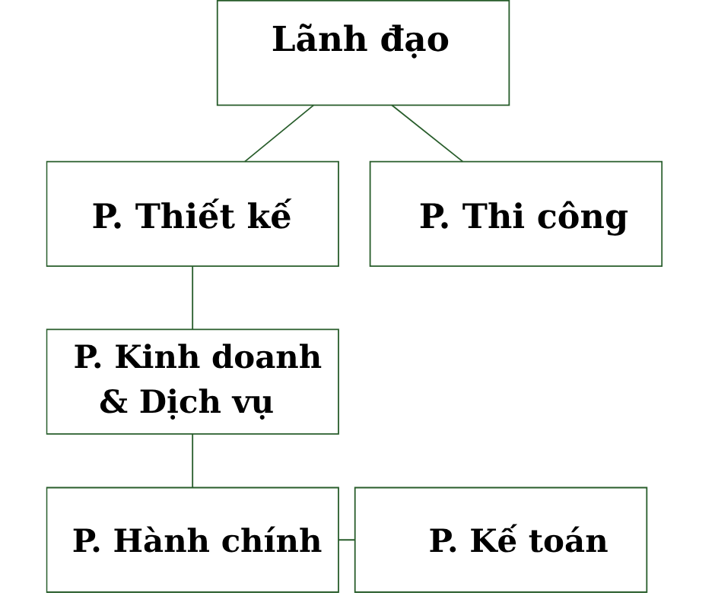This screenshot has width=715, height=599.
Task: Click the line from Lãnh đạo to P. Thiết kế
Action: coord(279,133)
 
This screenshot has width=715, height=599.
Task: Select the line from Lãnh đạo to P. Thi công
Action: coord(427,133)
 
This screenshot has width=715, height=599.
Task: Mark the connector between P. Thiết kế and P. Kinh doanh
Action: coord(192,297)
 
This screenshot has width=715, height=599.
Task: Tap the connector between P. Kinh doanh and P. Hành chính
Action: coord(192,461)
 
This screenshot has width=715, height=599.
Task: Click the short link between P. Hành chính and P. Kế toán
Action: coord(347,540)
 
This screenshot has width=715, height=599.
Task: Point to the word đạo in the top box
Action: coord(415,40)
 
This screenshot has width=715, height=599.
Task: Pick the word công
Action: coord(582,217)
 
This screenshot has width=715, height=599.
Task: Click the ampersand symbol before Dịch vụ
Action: coord(113,402)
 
